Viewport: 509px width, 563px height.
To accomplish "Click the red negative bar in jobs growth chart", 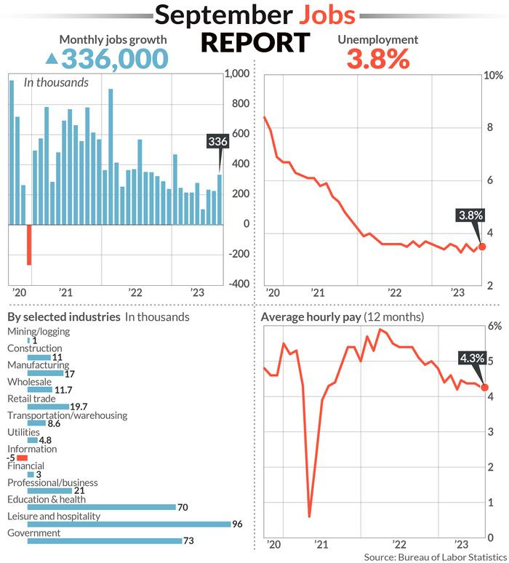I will [29, 244].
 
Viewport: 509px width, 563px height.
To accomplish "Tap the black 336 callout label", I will [217, 141].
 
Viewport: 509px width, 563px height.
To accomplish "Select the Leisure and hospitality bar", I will [117, 524].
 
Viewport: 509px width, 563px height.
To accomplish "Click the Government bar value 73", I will [191, 540].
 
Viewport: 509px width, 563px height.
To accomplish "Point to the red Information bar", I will [22, 458].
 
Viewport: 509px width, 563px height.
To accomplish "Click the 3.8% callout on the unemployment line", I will [468, 215].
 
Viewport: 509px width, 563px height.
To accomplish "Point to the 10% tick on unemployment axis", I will [494, 76].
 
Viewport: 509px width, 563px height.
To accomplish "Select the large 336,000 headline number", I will [116, 57].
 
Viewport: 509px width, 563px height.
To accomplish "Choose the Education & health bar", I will [91, 507].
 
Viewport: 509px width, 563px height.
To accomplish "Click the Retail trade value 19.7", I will [79, 407].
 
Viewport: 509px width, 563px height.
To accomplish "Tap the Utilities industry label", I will [23, 432].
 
